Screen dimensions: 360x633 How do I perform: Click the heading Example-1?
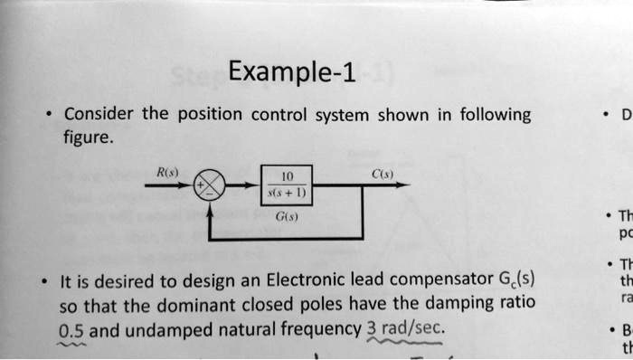coord(292,71)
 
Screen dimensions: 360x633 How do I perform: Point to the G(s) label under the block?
coord(287,217)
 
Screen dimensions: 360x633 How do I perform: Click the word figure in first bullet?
coord(89,138)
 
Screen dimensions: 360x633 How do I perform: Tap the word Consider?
coord(99,115)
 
